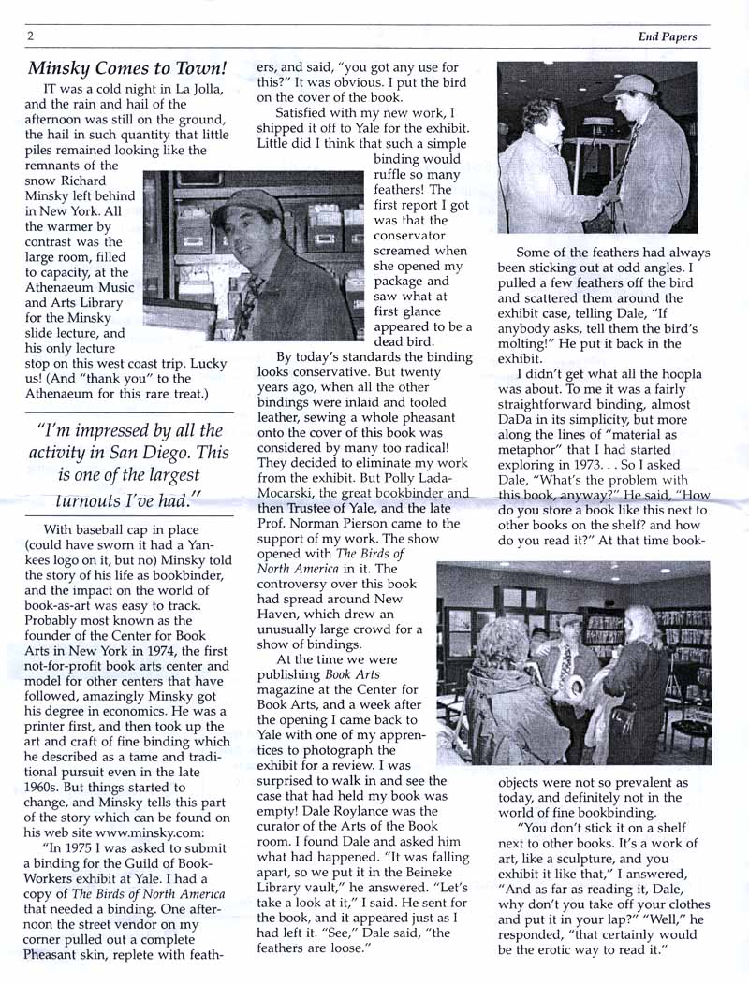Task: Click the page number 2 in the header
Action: pos(31,36)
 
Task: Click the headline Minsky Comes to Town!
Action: pos(127,68)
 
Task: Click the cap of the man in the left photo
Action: pos(245,202)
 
